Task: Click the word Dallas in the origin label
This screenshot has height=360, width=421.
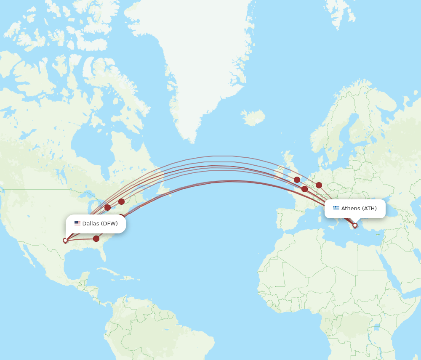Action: coord(91,223)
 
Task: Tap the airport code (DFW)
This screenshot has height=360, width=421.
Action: coord(109,223)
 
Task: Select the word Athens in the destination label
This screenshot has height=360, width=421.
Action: coord(350,208)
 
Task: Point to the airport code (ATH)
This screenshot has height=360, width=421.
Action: coord(369,208)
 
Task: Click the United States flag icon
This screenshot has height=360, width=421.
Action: coord(77,223)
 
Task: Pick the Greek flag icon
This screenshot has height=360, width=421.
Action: coord(336,208)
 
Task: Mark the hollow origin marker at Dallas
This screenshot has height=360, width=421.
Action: coord(65,241)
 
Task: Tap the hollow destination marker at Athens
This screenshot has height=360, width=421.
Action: coord(355,225)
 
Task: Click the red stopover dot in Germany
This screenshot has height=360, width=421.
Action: coord(319,185)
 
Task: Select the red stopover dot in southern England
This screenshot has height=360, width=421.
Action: coord(297,180)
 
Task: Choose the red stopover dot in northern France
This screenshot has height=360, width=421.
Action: coord(304,189)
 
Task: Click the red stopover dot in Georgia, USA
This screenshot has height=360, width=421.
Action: coord(96,238)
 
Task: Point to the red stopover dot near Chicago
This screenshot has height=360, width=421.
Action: coord(107,207)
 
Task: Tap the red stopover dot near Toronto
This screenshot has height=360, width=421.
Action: coord(121,201)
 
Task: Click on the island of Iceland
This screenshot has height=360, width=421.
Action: coord(253,117)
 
